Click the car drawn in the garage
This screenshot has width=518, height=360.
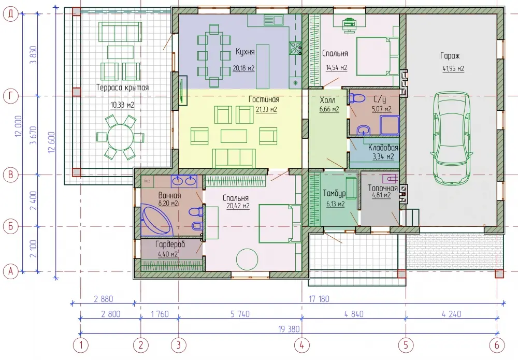pos(451,138)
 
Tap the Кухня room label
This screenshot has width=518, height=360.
pos(245,52)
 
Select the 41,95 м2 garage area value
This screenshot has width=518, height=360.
pos(453,69)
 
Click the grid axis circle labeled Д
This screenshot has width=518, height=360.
pos(10,14)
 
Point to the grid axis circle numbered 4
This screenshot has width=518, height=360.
pos(301,345)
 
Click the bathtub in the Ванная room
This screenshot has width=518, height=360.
pos(157,220)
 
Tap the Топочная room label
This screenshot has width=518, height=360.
pos(383,188)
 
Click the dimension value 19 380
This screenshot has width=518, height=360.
pos(289,329)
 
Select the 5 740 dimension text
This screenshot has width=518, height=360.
pos(240,314)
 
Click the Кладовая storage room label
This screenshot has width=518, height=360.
pos(383,148)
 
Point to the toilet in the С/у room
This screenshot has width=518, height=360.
pos(357,98)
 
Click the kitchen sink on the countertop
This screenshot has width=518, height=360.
pos(273,21)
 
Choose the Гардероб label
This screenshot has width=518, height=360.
pos(170,244)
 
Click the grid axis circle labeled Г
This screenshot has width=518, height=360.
pos(10,96)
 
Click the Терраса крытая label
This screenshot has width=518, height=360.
pos(123,88)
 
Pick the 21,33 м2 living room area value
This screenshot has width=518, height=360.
pos(266,109)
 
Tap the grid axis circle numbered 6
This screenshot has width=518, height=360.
pos(497,345)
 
